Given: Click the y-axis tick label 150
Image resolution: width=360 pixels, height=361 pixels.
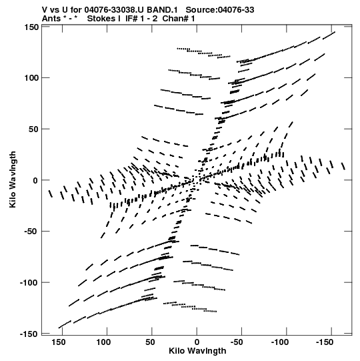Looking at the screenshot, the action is pos(31,27).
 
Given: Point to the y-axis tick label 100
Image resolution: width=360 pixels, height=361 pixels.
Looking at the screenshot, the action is pos(31,78).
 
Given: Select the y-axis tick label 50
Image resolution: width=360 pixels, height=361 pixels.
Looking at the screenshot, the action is pos(33,129).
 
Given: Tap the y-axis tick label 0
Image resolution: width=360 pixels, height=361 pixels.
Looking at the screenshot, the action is pos(35,180).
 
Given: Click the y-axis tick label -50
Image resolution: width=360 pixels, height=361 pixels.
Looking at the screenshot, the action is pos(31,232).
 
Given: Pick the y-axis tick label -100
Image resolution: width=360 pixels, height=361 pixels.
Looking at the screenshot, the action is pos(29,282).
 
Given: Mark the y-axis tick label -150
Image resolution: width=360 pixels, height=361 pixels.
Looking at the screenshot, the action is pos(29,334).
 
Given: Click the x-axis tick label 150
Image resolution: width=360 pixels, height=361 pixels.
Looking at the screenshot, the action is pos(59,342).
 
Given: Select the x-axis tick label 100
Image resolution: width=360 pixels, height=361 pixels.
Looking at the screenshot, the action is pos(103,342).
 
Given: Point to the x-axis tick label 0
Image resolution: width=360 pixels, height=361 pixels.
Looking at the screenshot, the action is pos(197,342).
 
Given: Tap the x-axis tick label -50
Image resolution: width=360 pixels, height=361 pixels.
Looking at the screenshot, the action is pos(237,342).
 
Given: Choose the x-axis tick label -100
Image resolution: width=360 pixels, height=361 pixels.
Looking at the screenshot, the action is pos(280,342).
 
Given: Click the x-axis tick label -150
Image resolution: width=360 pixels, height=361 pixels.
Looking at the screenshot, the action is pos(325,342).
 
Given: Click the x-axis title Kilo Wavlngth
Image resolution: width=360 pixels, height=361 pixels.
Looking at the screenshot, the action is pos(197,351).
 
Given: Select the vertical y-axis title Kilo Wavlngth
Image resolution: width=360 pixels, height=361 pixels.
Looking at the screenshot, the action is pos(13,179).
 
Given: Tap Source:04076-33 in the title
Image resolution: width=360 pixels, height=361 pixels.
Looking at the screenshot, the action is pos(220,10).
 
